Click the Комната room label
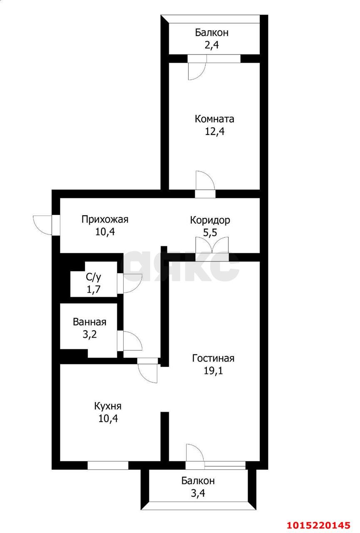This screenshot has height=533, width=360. [x=214, y=119]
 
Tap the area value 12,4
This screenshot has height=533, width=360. [x=214, y=132]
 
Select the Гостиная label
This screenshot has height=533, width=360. [x=213, y=358]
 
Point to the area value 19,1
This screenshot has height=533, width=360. [x=213, y=371]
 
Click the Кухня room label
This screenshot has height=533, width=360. [x=108, y=406]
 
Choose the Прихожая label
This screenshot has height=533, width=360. [x=105, y=219]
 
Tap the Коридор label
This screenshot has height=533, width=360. [x=210, y=220]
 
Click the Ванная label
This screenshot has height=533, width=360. [x=89, y=322]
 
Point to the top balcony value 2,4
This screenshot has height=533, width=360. [x=211, y=45]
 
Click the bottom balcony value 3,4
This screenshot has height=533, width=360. [x=198, y=494]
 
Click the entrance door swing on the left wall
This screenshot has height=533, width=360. [x=42, y=225]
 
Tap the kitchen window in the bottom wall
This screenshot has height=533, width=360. [x=108, y=465]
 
